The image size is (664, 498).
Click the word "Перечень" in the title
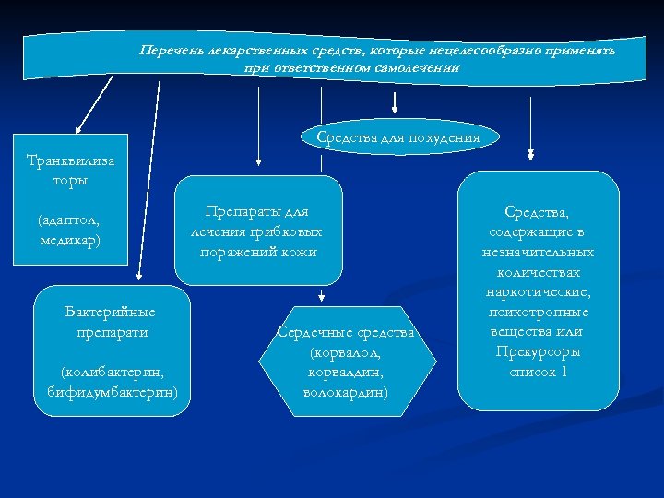[x=168, y=50]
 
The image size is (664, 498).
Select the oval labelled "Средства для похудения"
[x=397, y=138]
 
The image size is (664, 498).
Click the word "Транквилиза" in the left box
[x=71, y=160]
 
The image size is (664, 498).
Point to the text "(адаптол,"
[x=69, y=220]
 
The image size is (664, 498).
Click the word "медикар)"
[x=70, y=240]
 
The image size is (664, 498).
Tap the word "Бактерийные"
[x=112, y=312]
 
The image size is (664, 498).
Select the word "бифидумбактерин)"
[x=112, y=391]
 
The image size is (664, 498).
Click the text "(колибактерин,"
[x=112, y=372]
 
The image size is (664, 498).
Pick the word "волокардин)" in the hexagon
[x=346, y=391]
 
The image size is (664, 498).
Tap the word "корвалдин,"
[x=346, y=372]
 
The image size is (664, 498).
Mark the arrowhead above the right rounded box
[x=529, y=154]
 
